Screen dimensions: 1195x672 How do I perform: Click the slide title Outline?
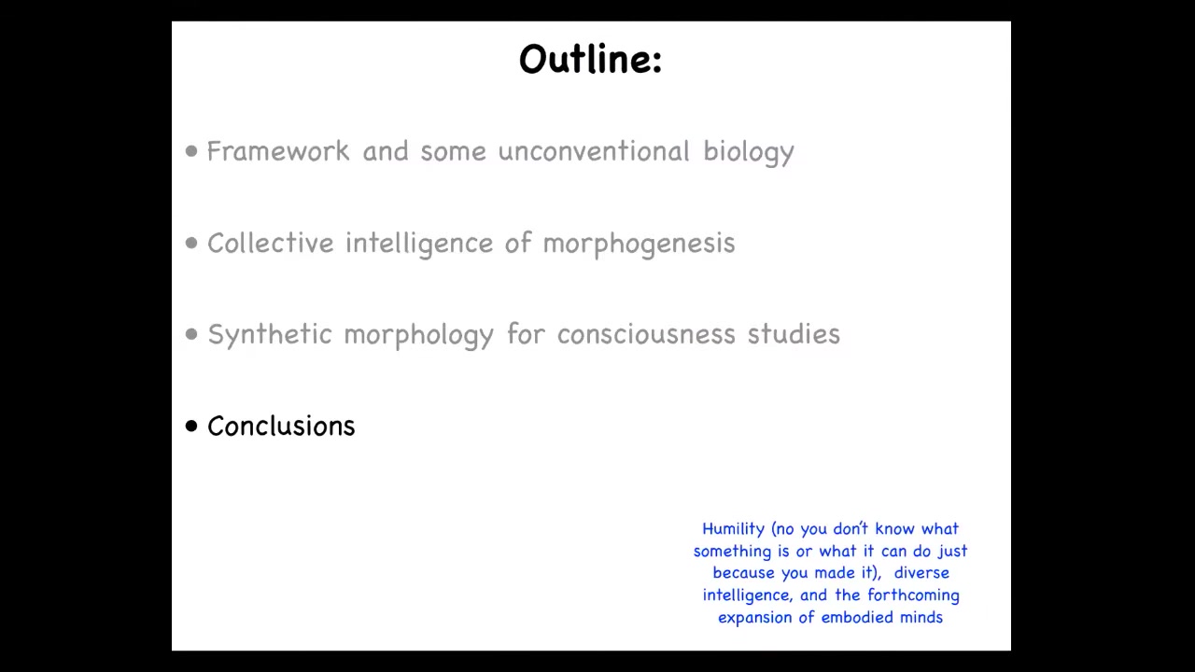pyautogui.click(x=591, y=59)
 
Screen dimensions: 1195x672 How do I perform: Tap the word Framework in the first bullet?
pyautogui.click(x=278, y=151)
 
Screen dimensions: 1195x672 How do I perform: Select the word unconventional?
pyautogui.click(x=595, y=151)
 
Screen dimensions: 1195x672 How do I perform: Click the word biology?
pyautogui.click(x=749, y=153)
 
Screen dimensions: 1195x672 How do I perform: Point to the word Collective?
pyautogui.click(x=271, y=243)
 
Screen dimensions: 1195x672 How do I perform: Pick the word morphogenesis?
pyautogui.click(x=640, y=245)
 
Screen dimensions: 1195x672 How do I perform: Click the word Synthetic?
pyautogui.click(x=270, y=335)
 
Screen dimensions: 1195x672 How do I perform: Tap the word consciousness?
pyautogui.click(x=645, y=334)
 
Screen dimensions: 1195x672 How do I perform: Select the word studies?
pyautogui.click(x=794, y=334)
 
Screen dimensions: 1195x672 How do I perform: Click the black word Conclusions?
pyautogui.click(x=281, y=427)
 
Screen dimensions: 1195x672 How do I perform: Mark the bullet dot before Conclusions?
pyautogui.click(x=191, y=426)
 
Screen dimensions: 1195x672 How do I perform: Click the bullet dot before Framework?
pyautogui.click(x=191, y=151)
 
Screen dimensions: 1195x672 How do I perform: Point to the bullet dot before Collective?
pyautogui.click(x=191, y=244)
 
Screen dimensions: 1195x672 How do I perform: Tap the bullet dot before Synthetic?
pyautogui.click(x=191, y=334)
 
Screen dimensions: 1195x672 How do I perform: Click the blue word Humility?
pyautogui.click(x=734, y=529)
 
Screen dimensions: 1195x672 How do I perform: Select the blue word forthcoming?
pyautogui.click(x=913, y=595)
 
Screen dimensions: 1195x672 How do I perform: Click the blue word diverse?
pyautogui.click(x=921, y=573)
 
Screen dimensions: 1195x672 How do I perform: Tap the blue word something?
pyautogui.click(x=733, y=552)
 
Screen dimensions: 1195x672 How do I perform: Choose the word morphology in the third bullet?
pyautogui.click(x=419, y=335)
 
